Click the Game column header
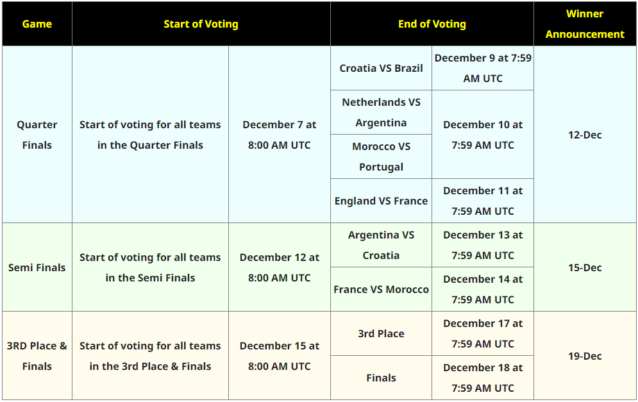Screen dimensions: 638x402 point(37,24)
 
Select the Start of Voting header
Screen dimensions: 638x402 point(201,24)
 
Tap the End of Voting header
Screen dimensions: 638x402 point(432,24)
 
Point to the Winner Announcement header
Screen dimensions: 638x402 point(585,24)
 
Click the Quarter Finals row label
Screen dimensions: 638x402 point(37,135)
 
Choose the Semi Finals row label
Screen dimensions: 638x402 point(37,267)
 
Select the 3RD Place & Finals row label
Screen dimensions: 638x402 point(37,356)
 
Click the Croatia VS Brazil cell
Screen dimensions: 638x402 point(382,68)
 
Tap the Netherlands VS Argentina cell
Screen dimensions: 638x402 point(382,112)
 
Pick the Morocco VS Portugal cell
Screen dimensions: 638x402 point(382,156)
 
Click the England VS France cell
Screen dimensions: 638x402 point(382,201)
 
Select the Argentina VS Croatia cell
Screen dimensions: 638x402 point(382,245)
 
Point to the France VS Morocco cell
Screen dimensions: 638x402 point(382,289)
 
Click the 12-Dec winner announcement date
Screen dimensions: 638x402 point(585,135)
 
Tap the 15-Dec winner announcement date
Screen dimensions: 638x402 point(585,267)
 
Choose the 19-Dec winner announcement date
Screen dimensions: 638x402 point(585,356)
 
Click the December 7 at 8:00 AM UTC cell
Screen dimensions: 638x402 point(280,135)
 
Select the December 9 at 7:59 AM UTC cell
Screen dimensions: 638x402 point(483,68)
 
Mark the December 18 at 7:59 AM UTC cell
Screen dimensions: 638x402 point(483,378)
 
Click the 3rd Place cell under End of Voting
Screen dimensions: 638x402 point(382,333)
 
